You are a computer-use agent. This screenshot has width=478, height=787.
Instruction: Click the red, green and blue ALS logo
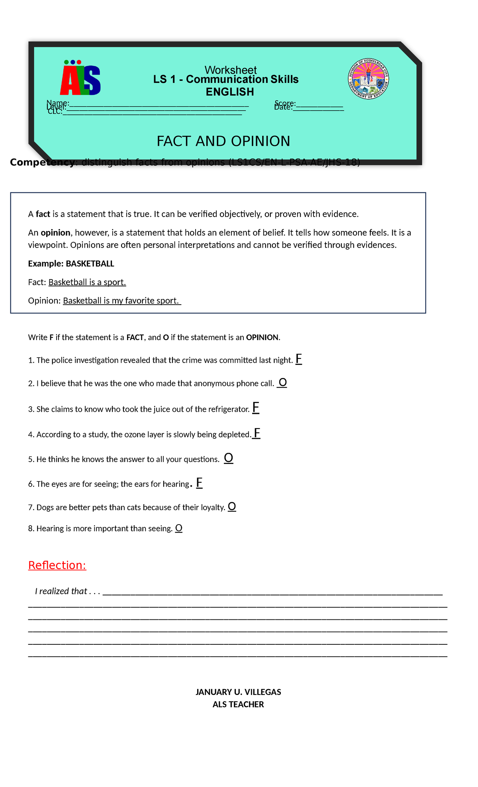point(80,78)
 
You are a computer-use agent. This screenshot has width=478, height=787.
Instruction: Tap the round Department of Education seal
point(368,79)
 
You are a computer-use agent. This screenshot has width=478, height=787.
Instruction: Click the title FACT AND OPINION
point(223,141)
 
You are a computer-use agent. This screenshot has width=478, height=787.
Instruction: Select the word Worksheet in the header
point(230,70)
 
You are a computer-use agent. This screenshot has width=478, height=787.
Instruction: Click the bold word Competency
point(42,162)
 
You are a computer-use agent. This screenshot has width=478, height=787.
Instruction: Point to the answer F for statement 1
point(298,359)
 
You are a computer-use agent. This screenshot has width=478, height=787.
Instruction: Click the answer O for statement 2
point(282,382)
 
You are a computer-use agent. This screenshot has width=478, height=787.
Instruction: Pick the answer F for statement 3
point(256,407)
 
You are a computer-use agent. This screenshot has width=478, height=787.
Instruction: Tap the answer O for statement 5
point(228,458)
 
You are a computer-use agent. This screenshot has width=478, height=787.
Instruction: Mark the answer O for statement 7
point(232,507)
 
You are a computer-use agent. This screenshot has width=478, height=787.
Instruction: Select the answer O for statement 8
point(179,528)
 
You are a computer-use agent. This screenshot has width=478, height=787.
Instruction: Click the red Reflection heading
point(57,565)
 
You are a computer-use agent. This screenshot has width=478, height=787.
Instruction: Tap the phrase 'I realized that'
point(61,591)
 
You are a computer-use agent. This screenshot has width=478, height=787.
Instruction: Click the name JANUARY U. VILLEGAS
point(238,692)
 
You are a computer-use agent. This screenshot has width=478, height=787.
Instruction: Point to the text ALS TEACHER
point(238,704)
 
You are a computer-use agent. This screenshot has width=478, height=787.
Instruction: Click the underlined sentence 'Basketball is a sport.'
point(87,282)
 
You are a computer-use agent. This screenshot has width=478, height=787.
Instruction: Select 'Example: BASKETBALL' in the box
point(71,264)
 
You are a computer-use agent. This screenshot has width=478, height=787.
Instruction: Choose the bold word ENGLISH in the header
point(230,92)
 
